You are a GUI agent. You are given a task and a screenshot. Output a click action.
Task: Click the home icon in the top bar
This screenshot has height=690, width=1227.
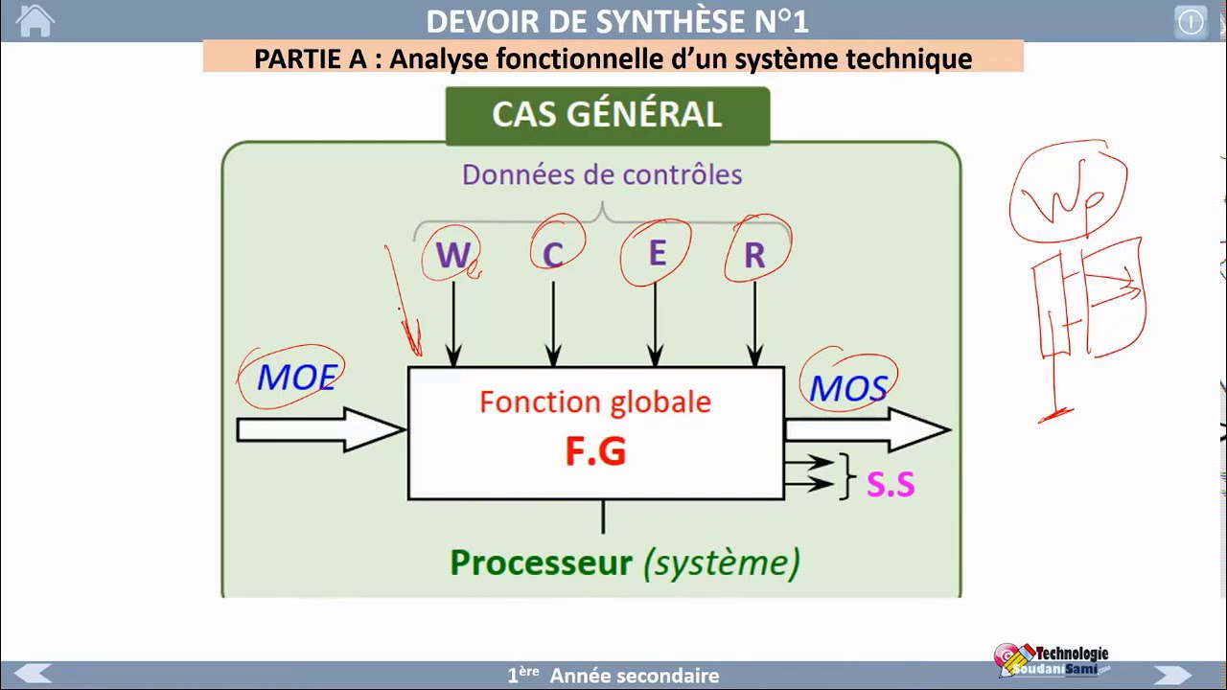click(35, 21)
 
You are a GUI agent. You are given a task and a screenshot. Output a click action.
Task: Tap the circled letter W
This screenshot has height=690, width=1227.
click(451, 255)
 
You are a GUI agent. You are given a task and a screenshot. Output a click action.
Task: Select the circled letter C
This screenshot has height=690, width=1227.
click(553, 255)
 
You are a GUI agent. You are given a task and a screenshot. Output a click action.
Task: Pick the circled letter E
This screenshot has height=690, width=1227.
click(657, 253)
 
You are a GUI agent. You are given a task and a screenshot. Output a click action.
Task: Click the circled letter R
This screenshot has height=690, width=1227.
click(754, 255)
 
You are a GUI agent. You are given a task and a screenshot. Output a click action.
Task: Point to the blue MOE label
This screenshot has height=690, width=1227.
click(297, 378)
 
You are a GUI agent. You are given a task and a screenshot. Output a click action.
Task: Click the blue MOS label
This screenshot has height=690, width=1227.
click(848, 388)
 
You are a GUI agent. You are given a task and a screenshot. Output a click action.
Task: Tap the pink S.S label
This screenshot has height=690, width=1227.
click(891, 485)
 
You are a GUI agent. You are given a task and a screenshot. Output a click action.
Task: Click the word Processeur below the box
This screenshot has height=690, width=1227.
click(541, 563)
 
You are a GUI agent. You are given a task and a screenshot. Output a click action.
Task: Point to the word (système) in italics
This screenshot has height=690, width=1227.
click(721, 563)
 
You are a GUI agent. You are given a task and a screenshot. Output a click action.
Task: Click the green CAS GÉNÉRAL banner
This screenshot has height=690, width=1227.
click(607, 115)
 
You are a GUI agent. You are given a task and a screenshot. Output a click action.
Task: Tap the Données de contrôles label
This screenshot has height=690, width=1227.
click(602, 174)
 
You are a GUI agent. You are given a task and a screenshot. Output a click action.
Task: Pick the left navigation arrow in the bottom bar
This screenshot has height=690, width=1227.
click(34, 675)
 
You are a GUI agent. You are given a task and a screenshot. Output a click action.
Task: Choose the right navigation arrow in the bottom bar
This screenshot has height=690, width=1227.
click(1172, 675)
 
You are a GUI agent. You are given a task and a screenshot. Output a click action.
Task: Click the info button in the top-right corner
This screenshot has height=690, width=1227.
click(1191, 22)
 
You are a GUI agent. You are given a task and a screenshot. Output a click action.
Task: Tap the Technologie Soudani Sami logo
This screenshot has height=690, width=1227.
click(1053, 659)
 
